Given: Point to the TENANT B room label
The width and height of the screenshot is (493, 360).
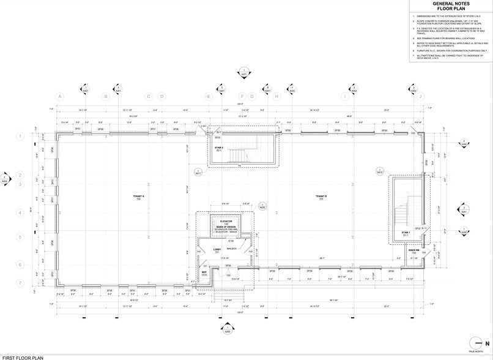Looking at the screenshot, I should [321, 197].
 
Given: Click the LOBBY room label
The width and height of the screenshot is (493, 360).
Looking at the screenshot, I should [217, 250].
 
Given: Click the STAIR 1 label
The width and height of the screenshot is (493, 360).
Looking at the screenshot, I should [405, 233].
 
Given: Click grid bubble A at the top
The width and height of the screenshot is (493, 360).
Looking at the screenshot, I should [60, 96].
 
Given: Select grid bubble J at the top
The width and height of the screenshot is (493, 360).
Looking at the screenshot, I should [420, 96].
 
